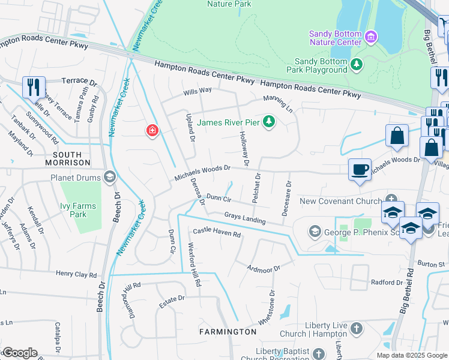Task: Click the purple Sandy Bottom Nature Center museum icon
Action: (370, 38)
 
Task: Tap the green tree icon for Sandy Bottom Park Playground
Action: (357, 64)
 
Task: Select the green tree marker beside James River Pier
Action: (270, 122)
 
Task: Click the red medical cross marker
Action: (152, 130)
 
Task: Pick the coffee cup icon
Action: (360, 169)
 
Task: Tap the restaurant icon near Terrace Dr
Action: (34, 87)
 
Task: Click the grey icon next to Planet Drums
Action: (109, 177)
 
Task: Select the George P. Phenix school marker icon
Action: (315, 231)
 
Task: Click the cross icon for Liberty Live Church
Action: (356, 329)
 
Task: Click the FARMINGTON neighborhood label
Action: (228, 332)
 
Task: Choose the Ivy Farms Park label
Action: (73, 210)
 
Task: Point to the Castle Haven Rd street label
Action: (216, 233)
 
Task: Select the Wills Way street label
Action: (197, 91)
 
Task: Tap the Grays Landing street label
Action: (245, 217)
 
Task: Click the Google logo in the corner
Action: (19, 353)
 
